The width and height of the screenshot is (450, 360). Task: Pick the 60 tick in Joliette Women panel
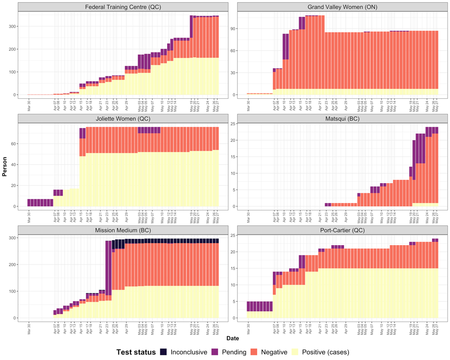(x=12, y=144)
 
